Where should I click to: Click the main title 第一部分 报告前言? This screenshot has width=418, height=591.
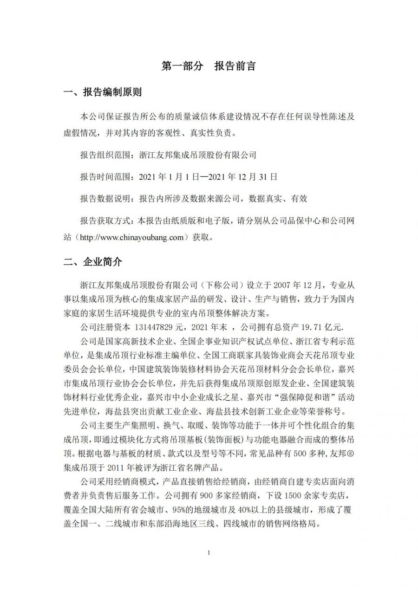(209, 66)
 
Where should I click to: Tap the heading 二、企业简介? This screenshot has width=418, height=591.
(93, 262)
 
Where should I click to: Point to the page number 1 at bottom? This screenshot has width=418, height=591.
(209, 552)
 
